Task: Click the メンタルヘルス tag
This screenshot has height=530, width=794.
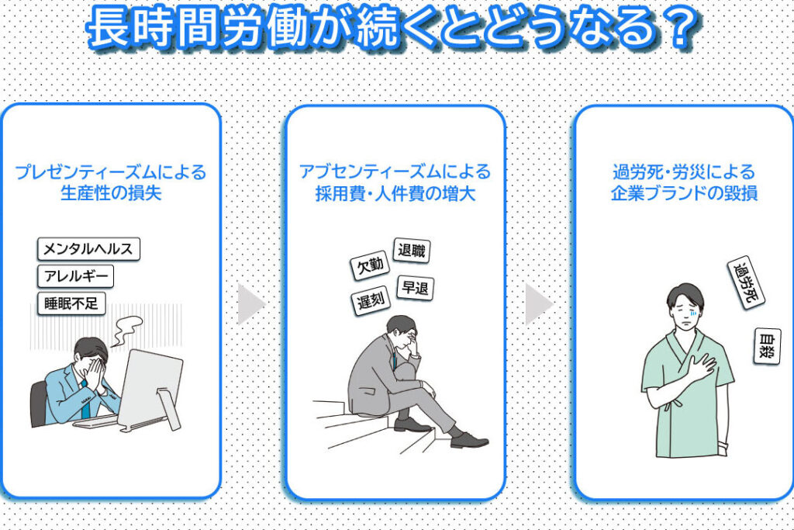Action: (88, 249)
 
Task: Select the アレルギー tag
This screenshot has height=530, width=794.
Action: (75, 276)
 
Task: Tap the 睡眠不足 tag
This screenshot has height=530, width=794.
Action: (71, 303)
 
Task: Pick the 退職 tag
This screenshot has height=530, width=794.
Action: (412, 251)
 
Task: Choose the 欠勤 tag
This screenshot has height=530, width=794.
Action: (370, 265)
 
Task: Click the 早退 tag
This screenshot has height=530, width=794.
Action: (416, 289)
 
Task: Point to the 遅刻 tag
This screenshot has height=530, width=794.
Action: (371, 301)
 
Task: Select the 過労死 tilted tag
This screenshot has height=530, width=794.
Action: (746, 282)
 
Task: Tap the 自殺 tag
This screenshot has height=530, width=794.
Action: (767, 346)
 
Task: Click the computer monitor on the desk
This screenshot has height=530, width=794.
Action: (151, 389)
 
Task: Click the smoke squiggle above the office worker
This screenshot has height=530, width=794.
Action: (126, 331)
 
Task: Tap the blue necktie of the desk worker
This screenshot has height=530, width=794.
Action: (85, 400)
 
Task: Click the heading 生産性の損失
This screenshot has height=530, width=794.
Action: (111, 193)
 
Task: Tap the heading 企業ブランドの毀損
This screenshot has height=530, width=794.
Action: (684, 193)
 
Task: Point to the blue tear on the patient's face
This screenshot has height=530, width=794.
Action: (694, 314)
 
